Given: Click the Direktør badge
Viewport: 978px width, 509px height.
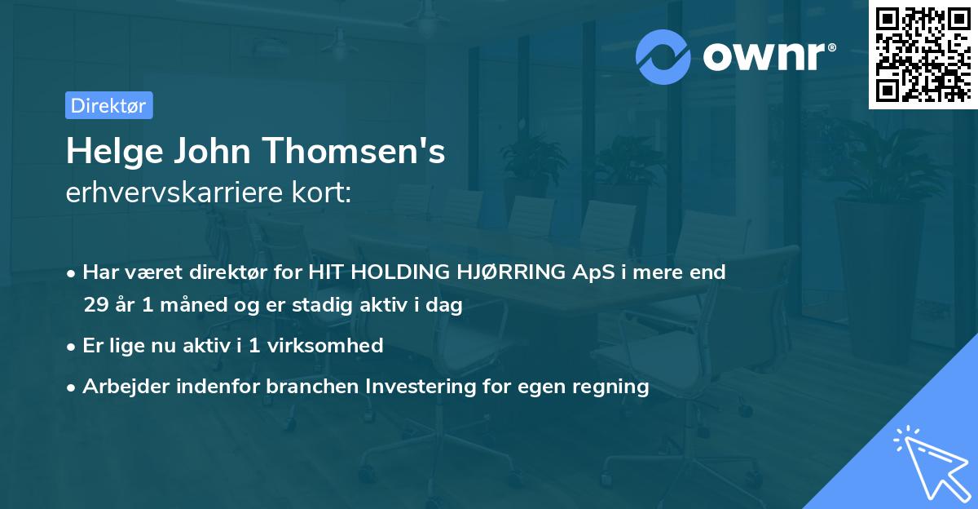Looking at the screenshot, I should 108,105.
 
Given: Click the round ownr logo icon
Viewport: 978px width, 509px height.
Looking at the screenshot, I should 663,55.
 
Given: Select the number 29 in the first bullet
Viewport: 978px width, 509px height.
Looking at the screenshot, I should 95,306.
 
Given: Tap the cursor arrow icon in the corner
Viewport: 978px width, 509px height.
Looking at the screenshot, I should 929,461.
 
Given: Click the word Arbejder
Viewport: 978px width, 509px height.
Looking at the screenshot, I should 121,386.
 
